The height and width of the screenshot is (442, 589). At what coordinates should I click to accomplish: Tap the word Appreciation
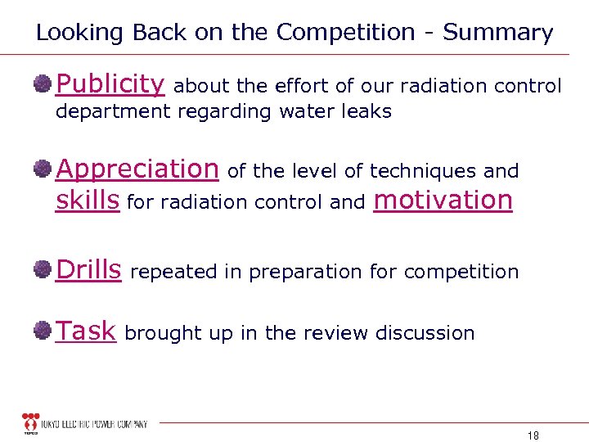(137, 169)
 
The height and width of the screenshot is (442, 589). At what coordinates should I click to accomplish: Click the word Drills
(88, 268)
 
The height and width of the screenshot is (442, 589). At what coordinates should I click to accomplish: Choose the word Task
(85, 331)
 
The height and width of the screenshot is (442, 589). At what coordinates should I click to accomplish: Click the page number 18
(533, 435)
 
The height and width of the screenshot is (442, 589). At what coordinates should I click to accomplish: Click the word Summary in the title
(498, 33)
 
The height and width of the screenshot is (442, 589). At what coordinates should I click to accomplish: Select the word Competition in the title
(346, 33)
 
